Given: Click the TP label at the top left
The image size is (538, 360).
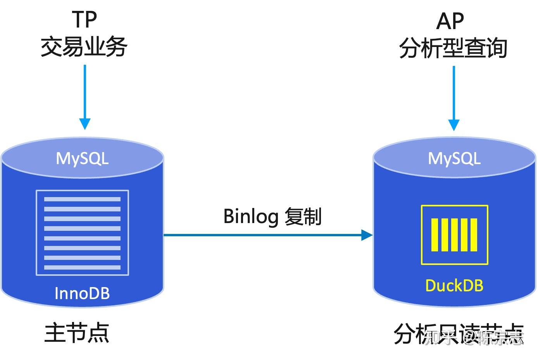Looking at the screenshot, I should [84, 19].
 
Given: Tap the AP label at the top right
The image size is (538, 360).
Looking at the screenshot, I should [450, 21].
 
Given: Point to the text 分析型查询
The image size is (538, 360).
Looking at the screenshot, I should [453, 48].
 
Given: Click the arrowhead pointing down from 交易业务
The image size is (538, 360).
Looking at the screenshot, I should [84, 124].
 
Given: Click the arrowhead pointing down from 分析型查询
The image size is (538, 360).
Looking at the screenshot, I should [454, 125].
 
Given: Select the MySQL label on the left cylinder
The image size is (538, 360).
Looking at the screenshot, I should [82, 158].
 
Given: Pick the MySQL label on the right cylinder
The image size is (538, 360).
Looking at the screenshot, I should [454, 158].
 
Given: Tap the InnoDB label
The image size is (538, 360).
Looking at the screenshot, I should [82, 293].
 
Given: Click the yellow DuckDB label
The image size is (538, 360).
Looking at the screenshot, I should [454, 286].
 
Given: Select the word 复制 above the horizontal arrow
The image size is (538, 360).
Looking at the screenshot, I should [303, 216].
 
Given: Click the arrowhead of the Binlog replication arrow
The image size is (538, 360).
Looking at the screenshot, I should [366, 235].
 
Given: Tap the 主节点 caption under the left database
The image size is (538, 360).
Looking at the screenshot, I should [77, 333].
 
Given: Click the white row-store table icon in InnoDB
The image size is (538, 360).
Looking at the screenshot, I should [82, 233].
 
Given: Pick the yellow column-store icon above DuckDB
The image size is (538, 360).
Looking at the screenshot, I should [454, 235].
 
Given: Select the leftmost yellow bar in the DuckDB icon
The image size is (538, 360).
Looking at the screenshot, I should [435, 235].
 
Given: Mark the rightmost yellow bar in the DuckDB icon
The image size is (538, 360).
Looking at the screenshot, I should [474, 235].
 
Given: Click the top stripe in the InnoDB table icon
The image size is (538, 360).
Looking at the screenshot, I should [82, 199].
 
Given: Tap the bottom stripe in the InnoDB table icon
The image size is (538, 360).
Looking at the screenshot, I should [82, 267].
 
